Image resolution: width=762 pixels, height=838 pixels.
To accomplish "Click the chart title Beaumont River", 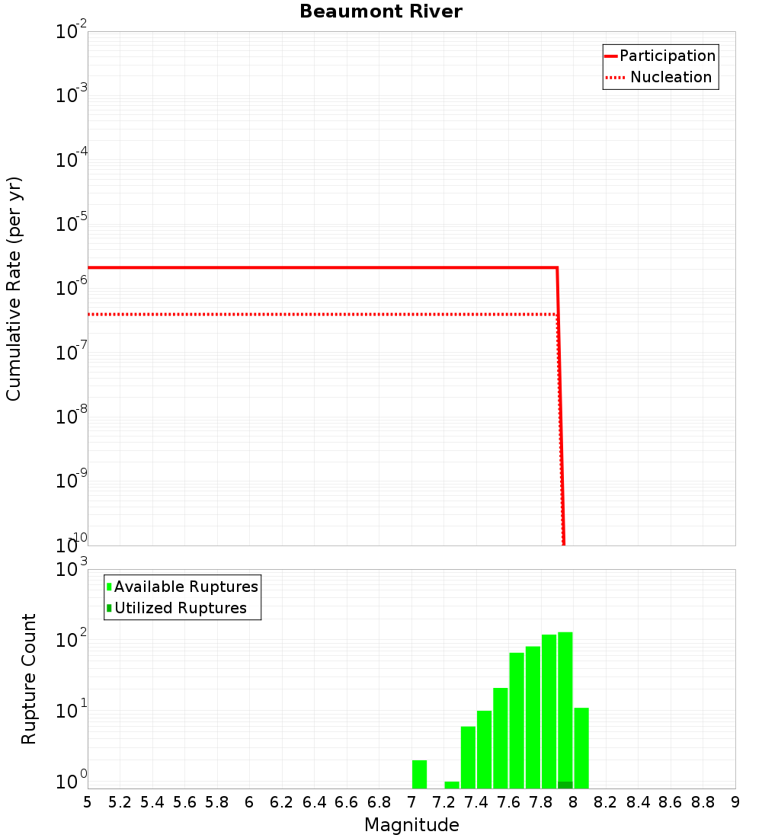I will click(380, 11).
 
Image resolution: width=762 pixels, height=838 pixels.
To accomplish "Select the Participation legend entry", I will click(667, 56).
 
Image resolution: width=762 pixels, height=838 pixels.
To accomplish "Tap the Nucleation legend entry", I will click(670, 78).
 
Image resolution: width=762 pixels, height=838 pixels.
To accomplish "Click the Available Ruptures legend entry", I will click(186, 587).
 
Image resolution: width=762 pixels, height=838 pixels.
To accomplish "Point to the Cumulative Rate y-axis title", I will click(14, 289).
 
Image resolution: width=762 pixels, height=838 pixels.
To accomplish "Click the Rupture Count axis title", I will click(29, 679).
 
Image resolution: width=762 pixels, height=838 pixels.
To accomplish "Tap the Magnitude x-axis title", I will click(411, 825).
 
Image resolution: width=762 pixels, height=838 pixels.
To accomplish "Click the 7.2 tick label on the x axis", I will click(443, 802).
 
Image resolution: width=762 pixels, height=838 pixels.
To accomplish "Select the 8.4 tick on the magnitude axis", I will click(638, 802).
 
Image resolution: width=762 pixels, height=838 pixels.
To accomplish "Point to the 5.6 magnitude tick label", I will click(184, 802).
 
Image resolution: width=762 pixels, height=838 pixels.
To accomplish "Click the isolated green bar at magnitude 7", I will click(419, 774).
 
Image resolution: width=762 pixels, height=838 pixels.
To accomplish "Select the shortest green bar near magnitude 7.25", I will click(452, 785).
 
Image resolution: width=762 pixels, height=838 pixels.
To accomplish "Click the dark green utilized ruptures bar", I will click(565, 785).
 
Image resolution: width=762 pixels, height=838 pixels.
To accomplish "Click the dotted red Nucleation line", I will click(305, 314).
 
